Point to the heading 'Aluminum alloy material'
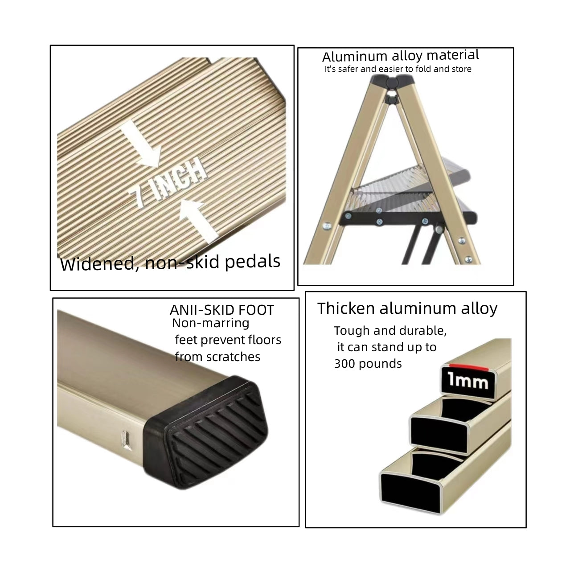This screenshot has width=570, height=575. pyautogui.click(x=400, y=56)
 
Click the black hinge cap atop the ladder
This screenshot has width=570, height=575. pyautogui.click(x=393, y=82)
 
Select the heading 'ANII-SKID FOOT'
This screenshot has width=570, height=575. pyautogui.click(x=221, y=310)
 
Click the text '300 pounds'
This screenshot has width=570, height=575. pyautogui.click(x=368, y=364)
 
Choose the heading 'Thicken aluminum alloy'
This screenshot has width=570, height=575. pyautogui.click(x=407, y=308)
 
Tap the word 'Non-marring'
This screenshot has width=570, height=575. pyautogui.click(x=210, y=323)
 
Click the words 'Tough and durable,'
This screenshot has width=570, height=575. pyautogui.click(x=390, y=331)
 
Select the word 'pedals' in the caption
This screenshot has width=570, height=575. pyautogui.click(x=252, y=262)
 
